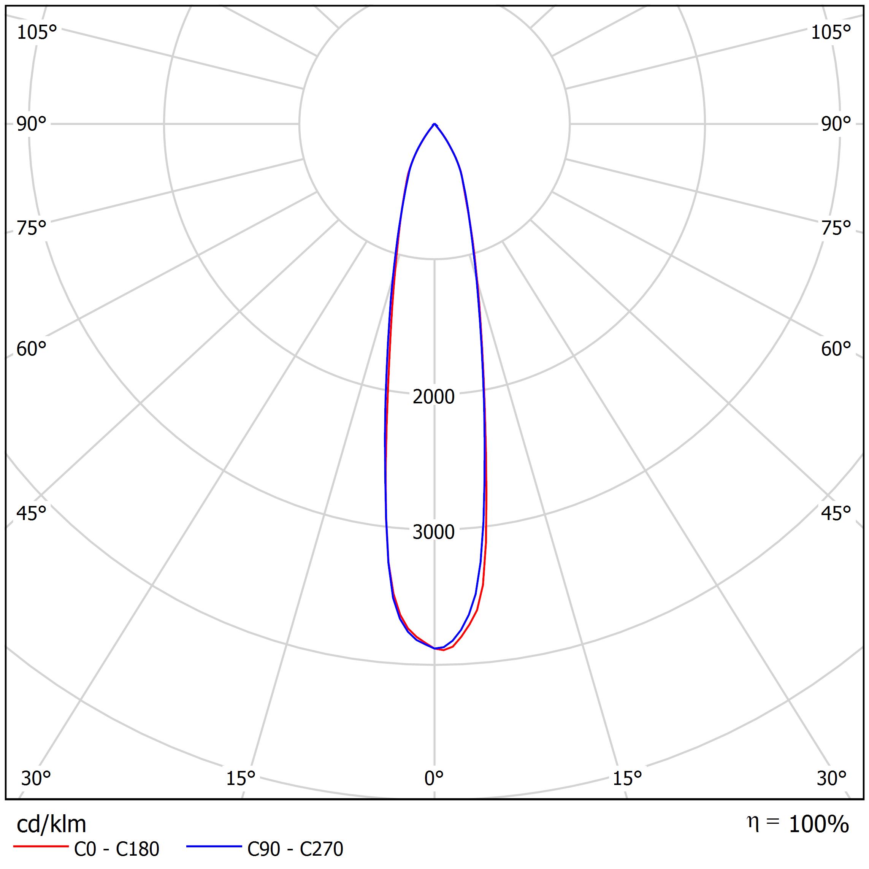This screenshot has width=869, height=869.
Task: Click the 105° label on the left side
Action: pyautogui.click(x=37, y=32)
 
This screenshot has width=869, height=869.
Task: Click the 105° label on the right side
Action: pyautogui.click(x=831, y=32)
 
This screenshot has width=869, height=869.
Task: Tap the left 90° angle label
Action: pyautogui.click(x=32, y=124)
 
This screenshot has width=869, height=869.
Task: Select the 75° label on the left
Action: pyautogui.click(x=32, y=228)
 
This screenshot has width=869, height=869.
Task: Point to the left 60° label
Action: pyautogui.click(x=32, y=349)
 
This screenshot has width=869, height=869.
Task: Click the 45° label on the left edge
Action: pyautogui.click(x=32, y=513)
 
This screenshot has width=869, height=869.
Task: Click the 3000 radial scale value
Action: pyautogui.click(x=434, y=532)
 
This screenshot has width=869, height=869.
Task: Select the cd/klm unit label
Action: pyautogui.click(x=51, y=825)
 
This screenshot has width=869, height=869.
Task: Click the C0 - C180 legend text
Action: pyautogui.click(x=116, y=849)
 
